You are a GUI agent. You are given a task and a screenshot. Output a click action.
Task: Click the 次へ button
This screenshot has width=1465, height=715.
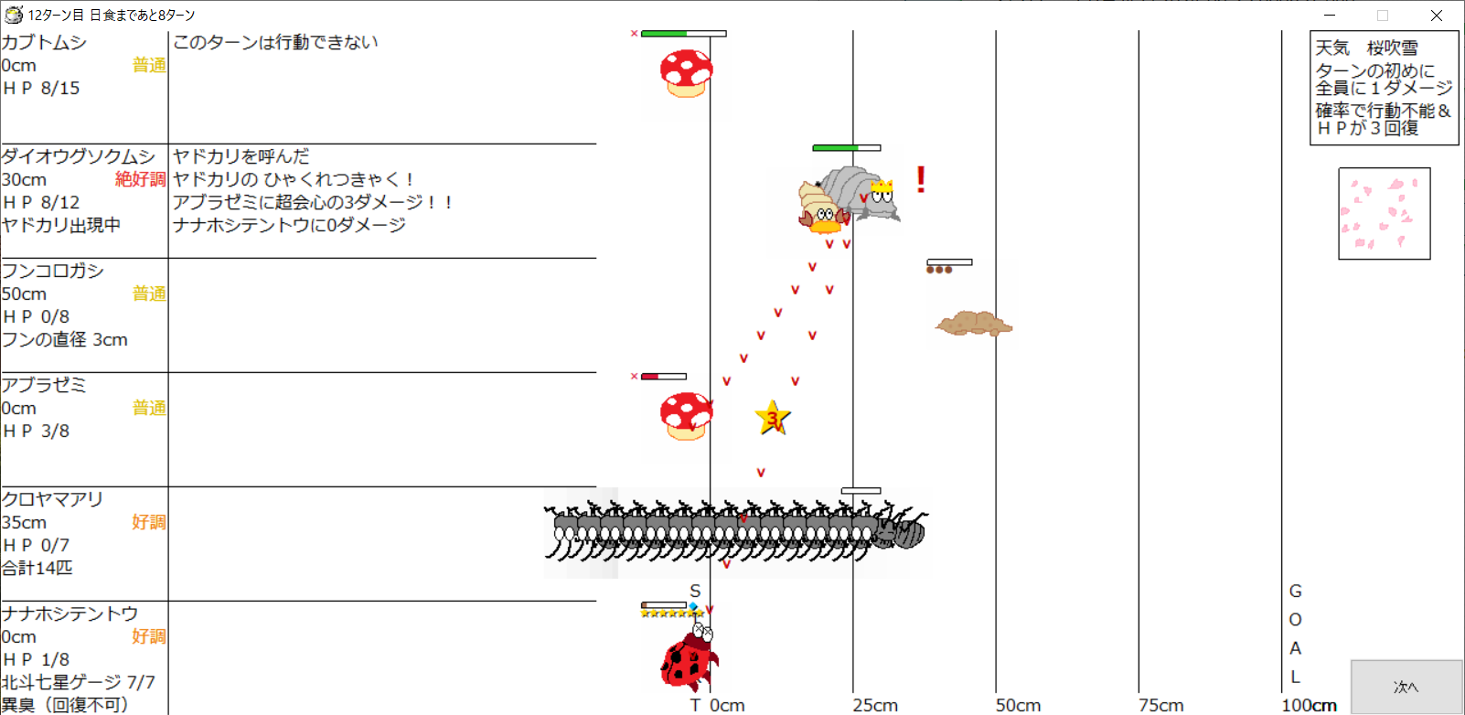[1406, 687]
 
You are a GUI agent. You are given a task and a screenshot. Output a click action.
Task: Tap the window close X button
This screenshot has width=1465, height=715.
[1437, 15]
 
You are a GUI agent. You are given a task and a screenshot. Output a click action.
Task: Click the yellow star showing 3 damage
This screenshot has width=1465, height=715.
[773, 418]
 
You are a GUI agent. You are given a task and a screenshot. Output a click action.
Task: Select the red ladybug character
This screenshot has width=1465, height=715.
[688, 657]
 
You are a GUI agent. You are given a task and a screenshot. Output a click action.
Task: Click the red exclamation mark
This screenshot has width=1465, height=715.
[921, 179]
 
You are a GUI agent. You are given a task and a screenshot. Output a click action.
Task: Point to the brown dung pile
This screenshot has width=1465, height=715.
[974, 323]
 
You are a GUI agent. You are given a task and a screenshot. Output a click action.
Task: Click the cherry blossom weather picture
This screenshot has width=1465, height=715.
[1384, 213]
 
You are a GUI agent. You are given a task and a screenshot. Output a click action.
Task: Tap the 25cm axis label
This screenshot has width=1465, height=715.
[875, 705]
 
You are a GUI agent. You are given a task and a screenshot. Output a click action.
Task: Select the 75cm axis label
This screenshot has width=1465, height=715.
[1160, 705]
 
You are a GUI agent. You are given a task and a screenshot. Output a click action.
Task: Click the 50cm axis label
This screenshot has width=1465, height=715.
[1019, 705]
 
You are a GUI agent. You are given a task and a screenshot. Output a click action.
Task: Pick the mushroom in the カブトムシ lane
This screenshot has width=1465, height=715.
[686, 73]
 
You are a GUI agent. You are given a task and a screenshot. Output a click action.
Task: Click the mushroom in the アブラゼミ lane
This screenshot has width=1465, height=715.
[686, 416]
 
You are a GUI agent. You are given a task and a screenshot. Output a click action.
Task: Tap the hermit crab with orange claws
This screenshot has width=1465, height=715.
[822, 208]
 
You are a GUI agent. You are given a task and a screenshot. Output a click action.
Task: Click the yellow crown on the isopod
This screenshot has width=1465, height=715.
[882, 187]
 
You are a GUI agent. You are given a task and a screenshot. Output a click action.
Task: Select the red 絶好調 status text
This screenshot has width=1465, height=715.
[140, 179]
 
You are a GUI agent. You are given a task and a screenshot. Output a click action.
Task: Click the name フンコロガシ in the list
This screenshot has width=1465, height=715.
[53, 270]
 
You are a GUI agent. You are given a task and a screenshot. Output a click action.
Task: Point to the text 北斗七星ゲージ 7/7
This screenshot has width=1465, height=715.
[79, 682]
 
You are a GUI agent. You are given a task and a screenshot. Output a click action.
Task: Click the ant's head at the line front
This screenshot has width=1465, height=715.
[904, 530]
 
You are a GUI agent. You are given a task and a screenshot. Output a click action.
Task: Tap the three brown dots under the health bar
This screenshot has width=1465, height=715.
[939, 270]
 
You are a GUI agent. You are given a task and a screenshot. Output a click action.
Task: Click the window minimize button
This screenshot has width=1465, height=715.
[1330, 15]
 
